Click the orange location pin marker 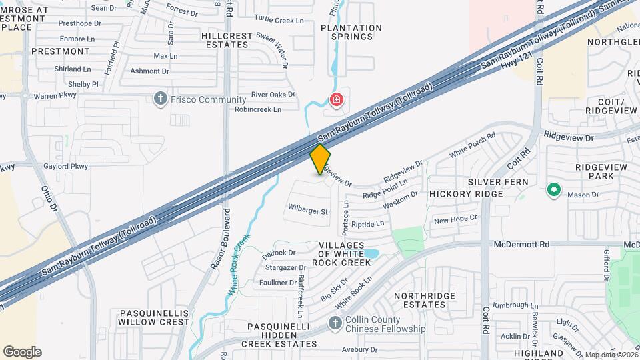[320, 159]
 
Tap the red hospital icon [337, 100]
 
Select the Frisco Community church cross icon [160, 100]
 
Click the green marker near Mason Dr [553, 190]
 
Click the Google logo [22, 351]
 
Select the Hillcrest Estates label [227, 40]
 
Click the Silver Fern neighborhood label [497, 182]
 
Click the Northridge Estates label [424, 300]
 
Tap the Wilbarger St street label [309, 212]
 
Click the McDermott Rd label [521, 245]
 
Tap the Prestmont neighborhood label [60, 51]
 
